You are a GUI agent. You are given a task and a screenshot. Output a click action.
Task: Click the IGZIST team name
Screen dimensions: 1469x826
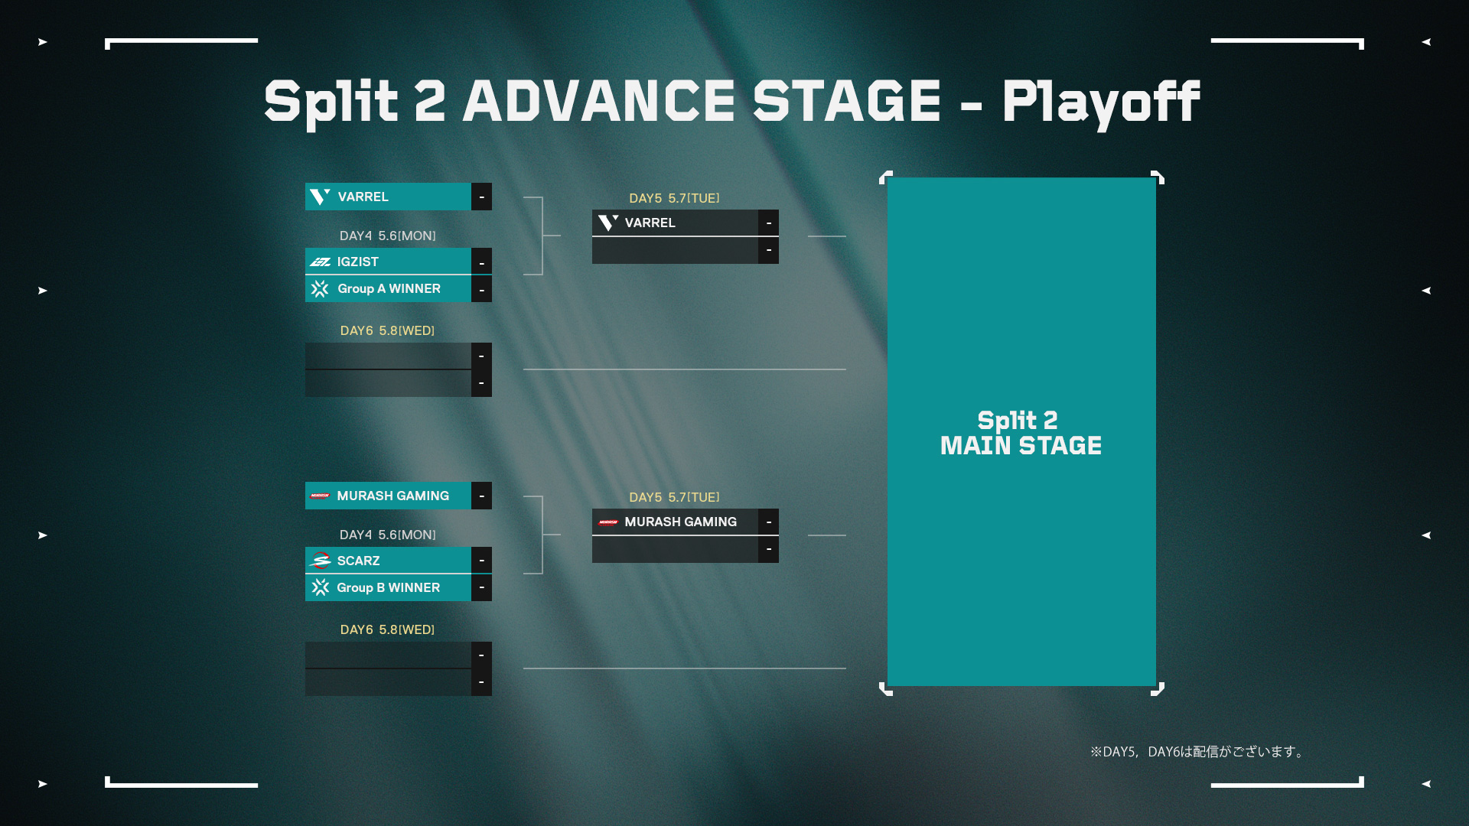tap(358, 262)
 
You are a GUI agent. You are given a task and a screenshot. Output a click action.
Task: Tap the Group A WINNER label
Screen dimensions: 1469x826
tap(389, 288)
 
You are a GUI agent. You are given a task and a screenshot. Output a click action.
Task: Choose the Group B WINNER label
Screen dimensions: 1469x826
tap(389, 587)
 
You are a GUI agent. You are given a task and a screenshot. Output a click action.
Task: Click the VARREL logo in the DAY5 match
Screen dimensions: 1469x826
tap(608, 223)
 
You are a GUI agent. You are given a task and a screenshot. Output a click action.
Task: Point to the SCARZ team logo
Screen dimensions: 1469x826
tap(321, 561)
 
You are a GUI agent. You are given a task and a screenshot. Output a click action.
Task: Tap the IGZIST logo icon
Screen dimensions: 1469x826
tap(321, 262)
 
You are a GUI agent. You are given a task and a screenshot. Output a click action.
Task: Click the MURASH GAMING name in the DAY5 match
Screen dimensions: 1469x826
tap(681, 522)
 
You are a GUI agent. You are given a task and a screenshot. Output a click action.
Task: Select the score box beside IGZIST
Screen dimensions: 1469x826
tap(481, 262)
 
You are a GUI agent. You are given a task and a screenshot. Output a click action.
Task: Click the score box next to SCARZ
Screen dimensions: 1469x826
tap(481, 561)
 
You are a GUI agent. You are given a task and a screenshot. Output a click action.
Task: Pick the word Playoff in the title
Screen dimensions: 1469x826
tap(1101, 103)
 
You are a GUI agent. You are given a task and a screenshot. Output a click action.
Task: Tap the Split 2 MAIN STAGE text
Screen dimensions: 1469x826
tap(1021, 433)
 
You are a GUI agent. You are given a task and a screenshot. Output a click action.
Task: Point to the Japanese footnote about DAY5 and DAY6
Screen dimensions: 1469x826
tap(1198, 752)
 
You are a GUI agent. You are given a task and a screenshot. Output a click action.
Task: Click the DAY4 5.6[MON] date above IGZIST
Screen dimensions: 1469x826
tap(388, 236)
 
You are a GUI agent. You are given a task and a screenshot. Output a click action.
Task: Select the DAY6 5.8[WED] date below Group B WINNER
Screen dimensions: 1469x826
tap(387, 629)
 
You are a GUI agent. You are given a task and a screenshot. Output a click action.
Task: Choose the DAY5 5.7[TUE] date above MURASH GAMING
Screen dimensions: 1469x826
tap(674, 497)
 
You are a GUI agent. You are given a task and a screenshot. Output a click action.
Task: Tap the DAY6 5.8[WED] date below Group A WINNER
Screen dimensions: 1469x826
tap(387, 330)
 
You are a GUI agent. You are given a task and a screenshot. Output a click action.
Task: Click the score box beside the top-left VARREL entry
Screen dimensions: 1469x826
tap(481, 197)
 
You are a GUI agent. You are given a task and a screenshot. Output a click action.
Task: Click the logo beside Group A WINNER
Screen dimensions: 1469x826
tap(320, 288)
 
